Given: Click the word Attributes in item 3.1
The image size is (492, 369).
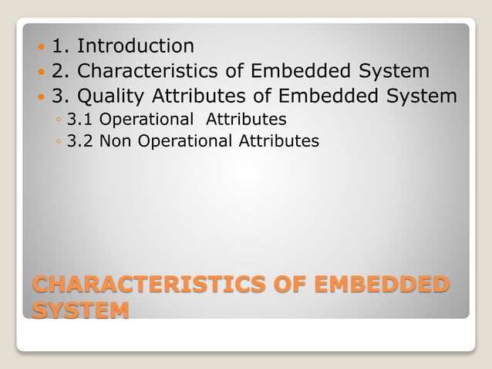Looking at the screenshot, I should coord(245,120).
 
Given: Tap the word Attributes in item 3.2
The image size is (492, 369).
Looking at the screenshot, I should coord(278,141).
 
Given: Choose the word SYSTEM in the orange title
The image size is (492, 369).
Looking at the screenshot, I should coord(80,311).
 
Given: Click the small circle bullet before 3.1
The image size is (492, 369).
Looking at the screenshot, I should coord(59,120).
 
